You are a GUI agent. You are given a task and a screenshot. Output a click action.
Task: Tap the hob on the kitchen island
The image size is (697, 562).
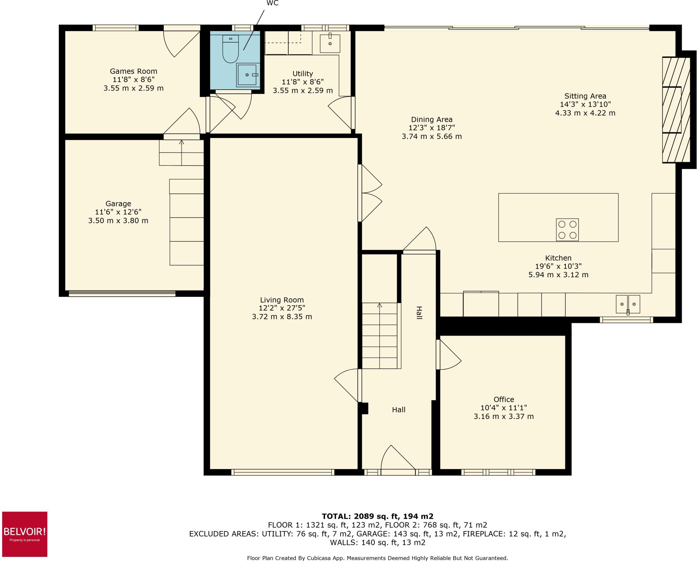point(567,230)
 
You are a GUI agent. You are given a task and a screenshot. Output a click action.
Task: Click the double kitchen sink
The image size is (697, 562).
point(628,304)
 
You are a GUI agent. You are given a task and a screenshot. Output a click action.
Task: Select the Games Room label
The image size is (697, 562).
point(133,72)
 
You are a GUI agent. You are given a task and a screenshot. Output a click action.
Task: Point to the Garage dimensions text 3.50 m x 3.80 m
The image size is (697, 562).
point(118,221)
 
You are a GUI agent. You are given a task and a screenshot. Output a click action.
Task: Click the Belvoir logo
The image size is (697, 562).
point(25,534)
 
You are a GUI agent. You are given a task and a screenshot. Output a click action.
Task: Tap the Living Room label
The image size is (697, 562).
point(282,300)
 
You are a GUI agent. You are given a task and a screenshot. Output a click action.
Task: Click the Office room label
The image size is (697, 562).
point(504,400)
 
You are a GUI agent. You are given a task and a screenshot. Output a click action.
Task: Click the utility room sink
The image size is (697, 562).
point(330,43)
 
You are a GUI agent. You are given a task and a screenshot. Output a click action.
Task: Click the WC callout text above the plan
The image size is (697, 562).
point(273,3)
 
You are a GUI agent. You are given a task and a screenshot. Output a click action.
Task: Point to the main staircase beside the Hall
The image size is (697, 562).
point(379,335)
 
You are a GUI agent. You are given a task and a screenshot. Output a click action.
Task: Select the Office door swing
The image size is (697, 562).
point(449,356)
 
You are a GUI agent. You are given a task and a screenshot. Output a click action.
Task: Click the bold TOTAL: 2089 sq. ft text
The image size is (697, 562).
point(377,516)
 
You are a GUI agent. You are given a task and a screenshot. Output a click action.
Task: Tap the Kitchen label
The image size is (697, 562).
point(558,258)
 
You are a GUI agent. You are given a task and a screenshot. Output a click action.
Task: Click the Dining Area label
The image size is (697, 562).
point(432,120)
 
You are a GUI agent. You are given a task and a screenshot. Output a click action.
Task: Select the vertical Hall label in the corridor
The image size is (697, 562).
point(419,313)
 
